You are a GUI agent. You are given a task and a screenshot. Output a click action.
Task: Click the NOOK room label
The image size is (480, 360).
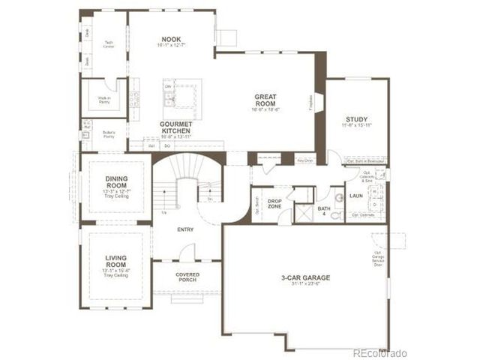[172, 39]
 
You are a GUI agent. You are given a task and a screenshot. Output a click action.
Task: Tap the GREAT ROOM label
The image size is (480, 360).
[266, 97]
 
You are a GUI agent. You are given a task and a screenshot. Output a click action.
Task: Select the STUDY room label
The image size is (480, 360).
[356, 120]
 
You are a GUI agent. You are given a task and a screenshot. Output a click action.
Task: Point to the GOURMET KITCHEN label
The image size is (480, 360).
[176, 127]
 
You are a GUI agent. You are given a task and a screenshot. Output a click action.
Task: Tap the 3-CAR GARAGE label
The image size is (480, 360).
[306, 277]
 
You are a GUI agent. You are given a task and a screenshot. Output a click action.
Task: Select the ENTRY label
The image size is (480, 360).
[186, 230]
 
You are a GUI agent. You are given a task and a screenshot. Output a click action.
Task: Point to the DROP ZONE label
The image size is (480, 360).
[274, 204]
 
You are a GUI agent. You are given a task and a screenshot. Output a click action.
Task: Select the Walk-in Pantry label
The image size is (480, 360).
[104, 100]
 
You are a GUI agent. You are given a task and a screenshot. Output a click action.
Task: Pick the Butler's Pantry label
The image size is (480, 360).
[109, 136]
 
